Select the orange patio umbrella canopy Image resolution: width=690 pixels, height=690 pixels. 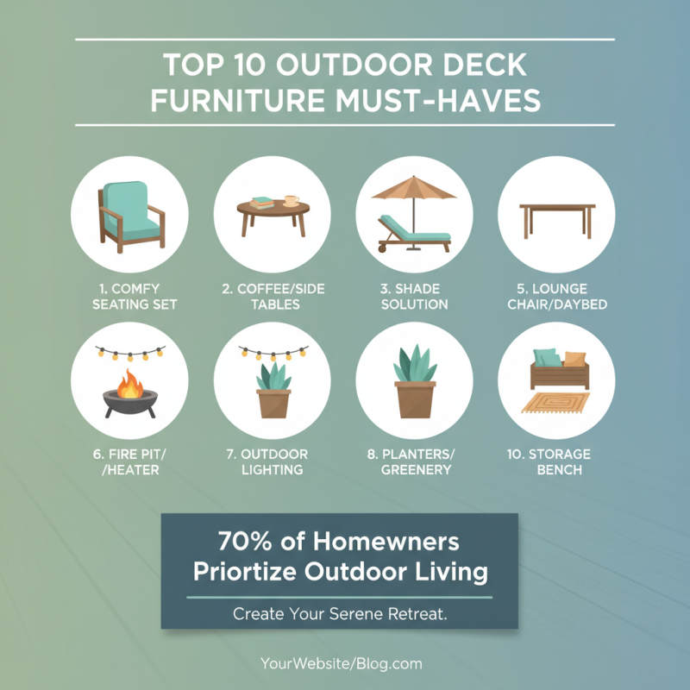point(413,190)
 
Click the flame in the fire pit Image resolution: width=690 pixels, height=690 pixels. point(130,385)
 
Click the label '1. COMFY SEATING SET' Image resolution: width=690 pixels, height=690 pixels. point(129,296)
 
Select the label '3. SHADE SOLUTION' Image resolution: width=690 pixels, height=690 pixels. point(414,296)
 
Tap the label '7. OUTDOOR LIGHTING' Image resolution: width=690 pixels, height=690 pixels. point(272,461)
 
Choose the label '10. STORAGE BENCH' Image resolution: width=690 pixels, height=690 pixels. point(556,461)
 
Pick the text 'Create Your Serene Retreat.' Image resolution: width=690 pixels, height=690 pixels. point(339,615)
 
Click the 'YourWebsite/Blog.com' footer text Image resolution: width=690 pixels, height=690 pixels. point(341,664)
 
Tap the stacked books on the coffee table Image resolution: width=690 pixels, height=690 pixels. point(262,203)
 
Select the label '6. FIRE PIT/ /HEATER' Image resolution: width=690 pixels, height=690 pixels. point(129,461)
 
